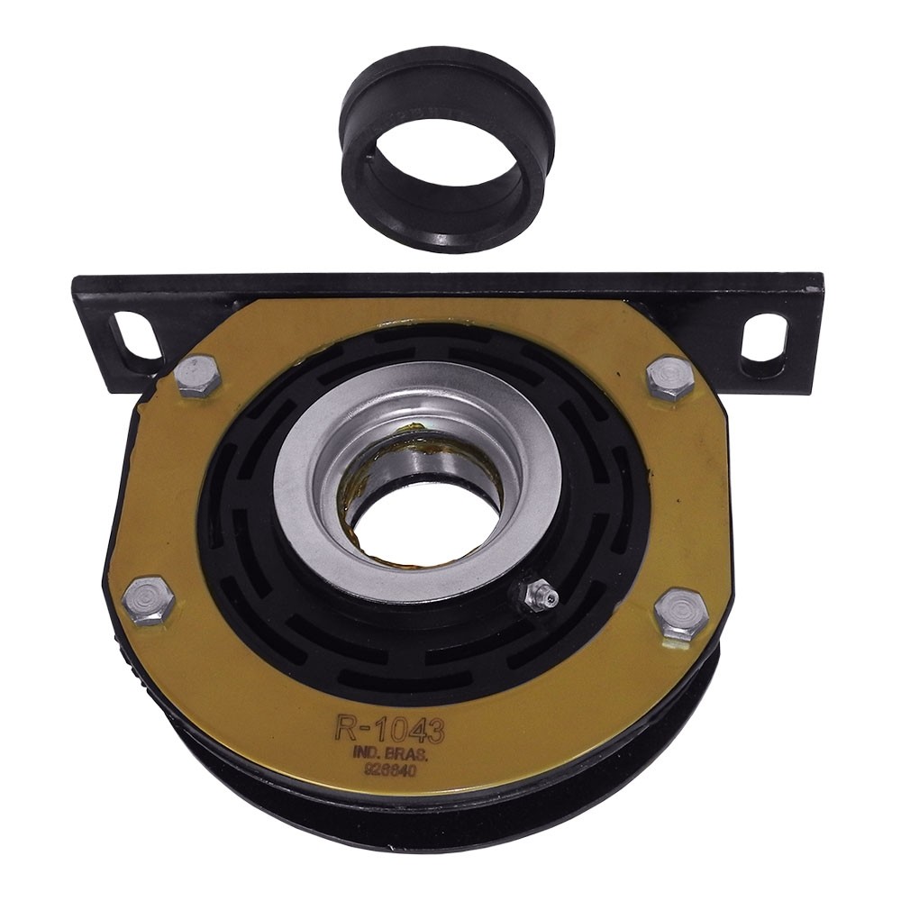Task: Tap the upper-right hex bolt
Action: coord(670,378)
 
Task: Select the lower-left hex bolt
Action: coord(149,598)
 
